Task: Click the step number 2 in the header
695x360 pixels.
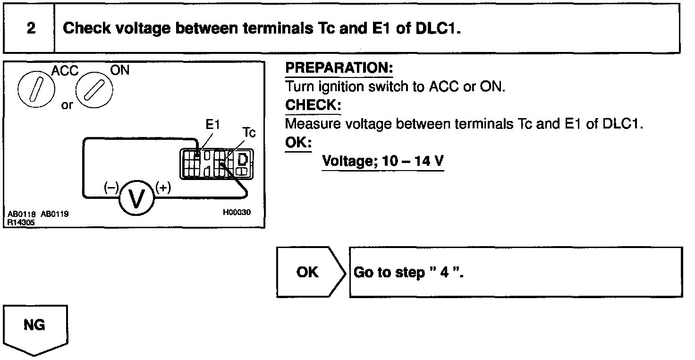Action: [31, 28]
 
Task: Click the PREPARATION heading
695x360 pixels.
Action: [339, 68]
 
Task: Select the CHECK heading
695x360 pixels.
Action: [313, 105]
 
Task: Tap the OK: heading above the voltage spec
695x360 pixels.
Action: [298, 143]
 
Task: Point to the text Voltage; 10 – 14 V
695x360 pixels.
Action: [382, 162]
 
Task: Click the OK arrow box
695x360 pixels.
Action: [308, 272]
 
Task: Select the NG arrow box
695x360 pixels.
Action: [36, 326]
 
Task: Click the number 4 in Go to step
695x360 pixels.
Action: [443, 274]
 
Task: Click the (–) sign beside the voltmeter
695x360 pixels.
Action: [111, 188]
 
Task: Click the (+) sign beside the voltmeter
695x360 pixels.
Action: [163, 188]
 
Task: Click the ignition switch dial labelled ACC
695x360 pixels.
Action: [36, 89]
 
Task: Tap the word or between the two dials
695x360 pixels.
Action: [67, 105]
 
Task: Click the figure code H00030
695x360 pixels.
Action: [237, 212]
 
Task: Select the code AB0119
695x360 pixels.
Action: [55, 214]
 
